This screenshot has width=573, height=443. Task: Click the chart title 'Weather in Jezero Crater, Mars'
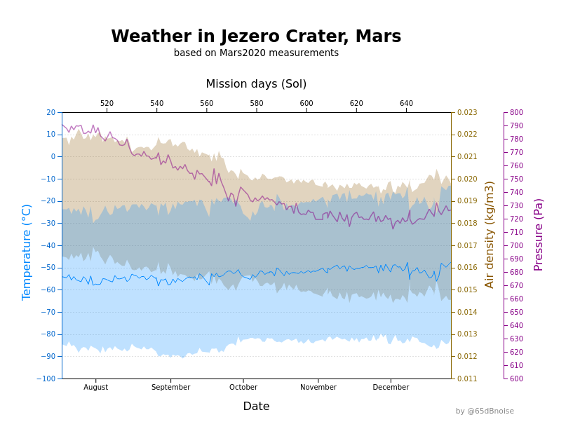(256, 36)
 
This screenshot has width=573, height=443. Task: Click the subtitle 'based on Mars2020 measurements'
(256, 53)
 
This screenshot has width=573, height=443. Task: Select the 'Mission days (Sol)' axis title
(256, 84)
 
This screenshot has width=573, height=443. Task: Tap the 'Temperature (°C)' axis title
(27, 252)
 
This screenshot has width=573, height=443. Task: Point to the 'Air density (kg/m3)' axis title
(490, 234)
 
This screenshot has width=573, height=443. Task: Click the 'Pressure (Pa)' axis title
(539, 234)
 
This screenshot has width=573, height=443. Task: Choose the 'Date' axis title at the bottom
(256, 407)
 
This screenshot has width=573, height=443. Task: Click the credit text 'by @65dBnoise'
(485, 411)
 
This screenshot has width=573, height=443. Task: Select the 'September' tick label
(171, 388)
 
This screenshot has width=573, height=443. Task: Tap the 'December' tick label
(391, 388)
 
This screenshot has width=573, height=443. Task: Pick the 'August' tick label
(96, 388)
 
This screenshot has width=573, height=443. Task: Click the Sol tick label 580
(257, 104)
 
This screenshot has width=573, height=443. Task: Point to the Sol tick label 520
(107, 104)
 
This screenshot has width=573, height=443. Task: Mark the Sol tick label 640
(406, 104)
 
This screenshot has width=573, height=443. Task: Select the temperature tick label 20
(50, 112)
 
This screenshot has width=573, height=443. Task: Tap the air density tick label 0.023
(467, 112)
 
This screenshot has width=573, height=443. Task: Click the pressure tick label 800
(516, 112)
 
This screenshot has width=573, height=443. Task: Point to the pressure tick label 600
(516, 379)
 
